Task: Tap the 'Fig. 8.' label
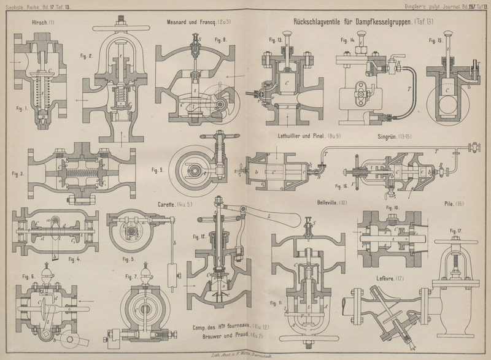[x=221, y=39]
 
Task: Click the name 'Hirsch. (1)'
[x=42, y=23]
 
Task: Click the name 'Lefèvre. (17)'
[x=390, y=280]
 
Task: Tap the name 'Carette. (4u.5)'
[x=161, y=203]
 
